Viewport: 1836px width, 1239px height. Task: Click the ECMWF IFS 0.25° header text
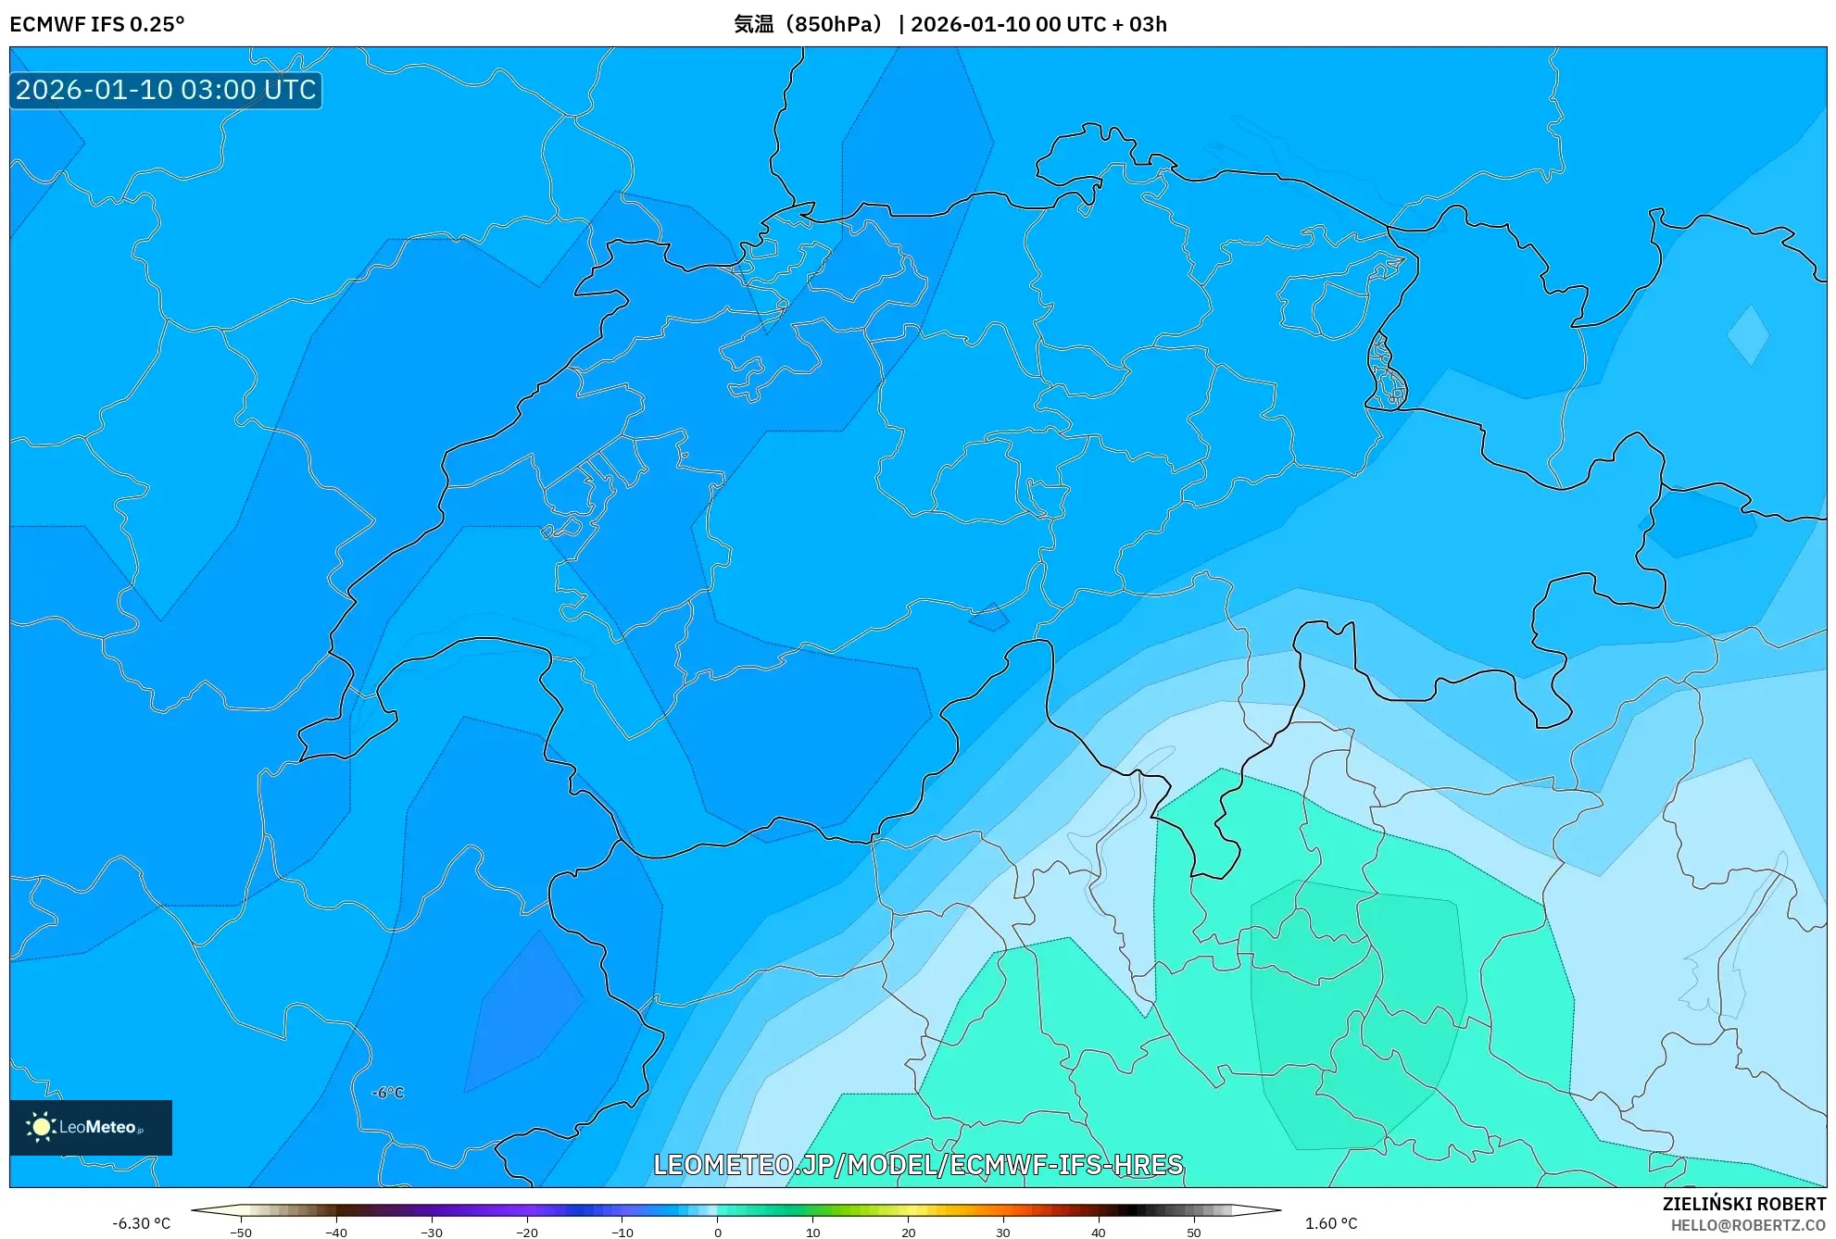pyautogui.click(x=97, y=24)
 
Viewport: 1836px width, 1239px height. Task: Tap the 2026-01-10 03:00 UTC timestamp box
pyautogui.click(x=166, y=90)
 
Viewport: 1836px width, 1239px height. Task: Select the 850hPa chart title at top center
pyautogui.click(x=949, y=24)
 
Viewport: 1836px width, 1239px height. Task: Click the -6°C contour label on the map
pyautogui.click(x=388, y=1093)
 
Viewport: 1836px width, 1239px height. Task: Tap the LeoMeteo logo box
pyautogui.click(x=91, y=1127)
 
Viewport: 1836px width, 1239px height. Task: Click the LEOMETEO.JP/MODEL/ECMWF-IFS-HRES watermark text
pyautogui.click(x=918, y=1164)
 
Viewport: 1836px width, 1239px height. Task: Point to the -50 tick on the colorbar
pyautogui.click(x=241, y=1232)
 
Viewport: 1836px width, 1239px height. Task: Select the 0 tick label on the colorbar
pyautogui.click(x=718, y=1232)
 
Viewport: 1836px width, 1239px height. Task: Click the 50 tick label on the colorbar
pyautogui.click(x=1193, y=1232)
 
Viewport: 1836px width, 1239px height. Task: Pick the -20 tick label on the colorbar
pyautogui.click(x=526, y=1232)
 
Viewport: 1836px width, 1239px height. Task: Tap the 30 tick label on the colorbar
pyautogui.click(x=1003, y=1232)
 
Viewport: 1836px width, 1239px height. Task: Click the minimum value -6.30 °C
pyautogui.click(x=142, y=1223)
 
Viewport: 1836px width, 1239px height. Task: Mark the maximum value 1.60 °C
pyautogui.click(x=1331, y=1223)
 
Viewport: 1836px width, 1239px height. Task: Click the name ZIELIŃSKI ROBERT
pyautogui.click(x=1743, y=1204)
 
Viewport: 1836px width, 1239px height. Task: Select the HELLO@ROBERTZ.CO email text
pyautogui.click(x=1747, y=1225)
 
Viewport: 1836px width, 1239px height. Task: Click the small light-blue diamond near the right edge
pyautogui.click(x=1748, y=335)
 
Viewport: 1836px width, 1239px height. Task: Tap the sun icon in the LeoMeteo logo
pyautogui.click(x=41, y=1127)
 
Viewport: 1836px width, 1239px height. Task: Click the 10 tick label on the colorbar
pyautogui.click(x=812, y=1232)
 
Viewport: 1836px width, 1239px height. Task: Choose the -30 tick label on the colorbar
pyautogui.click(x=432, y=1232)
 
